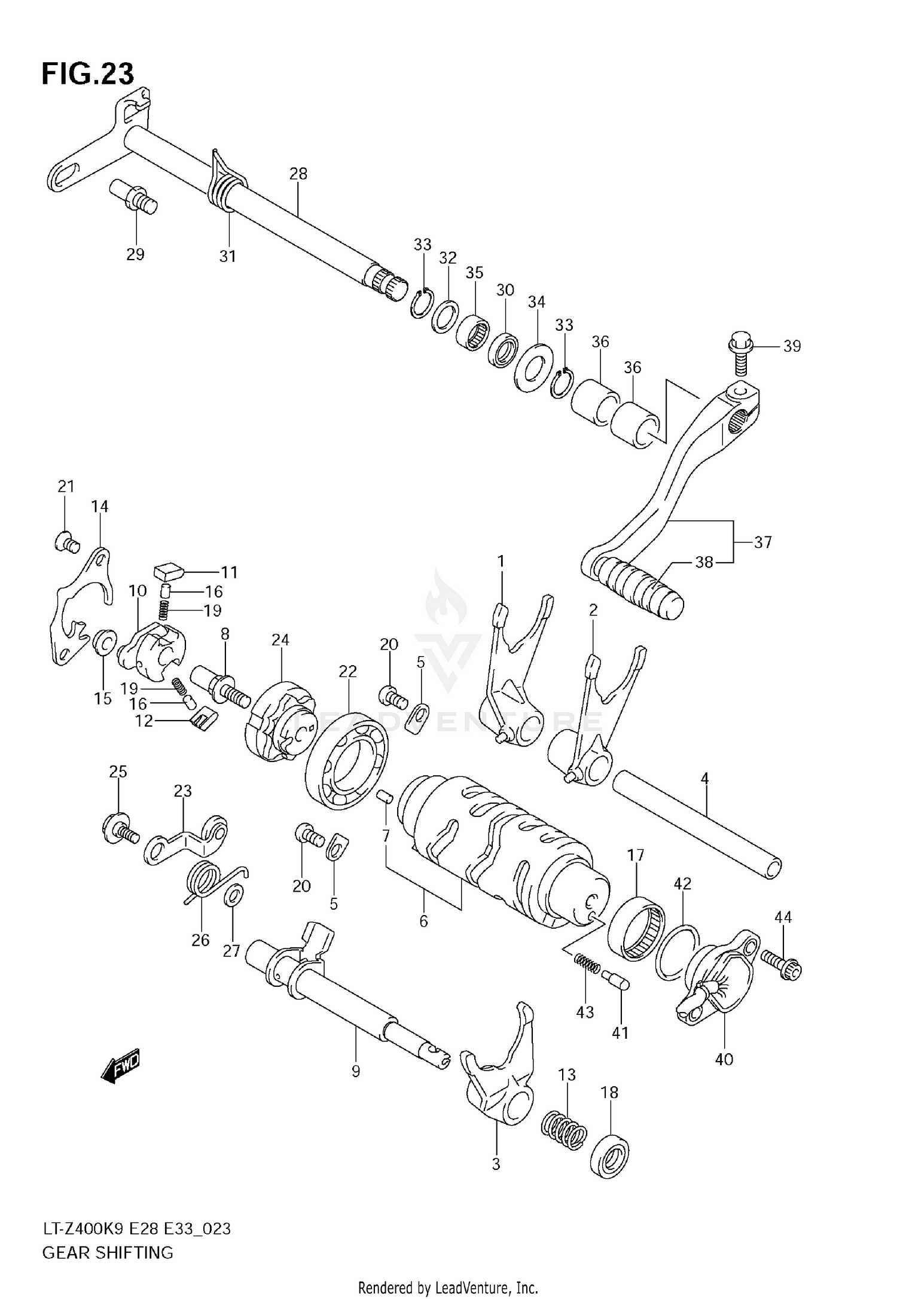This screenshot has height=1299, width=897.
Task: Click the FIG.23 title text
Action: (x=88, y=74)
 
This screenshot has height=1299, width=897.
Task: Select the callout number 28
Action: (x=298, y=174)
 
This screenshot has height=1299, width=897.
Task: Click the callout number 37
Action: (x=762, y=542)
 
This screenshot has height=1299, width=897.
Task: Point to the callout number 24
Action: (x=280, y=640)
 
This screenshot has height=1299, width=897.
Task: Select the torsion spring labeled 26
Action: (x=203, y=882)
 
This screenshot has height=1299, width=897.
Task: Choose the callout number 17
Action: (x=636, y=855)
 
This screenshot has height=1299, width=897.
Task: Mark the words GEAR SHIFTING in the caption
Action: (x=108, y=1252)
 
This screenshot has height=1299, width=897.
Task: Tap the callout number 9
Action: (x=356, y=1071)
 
